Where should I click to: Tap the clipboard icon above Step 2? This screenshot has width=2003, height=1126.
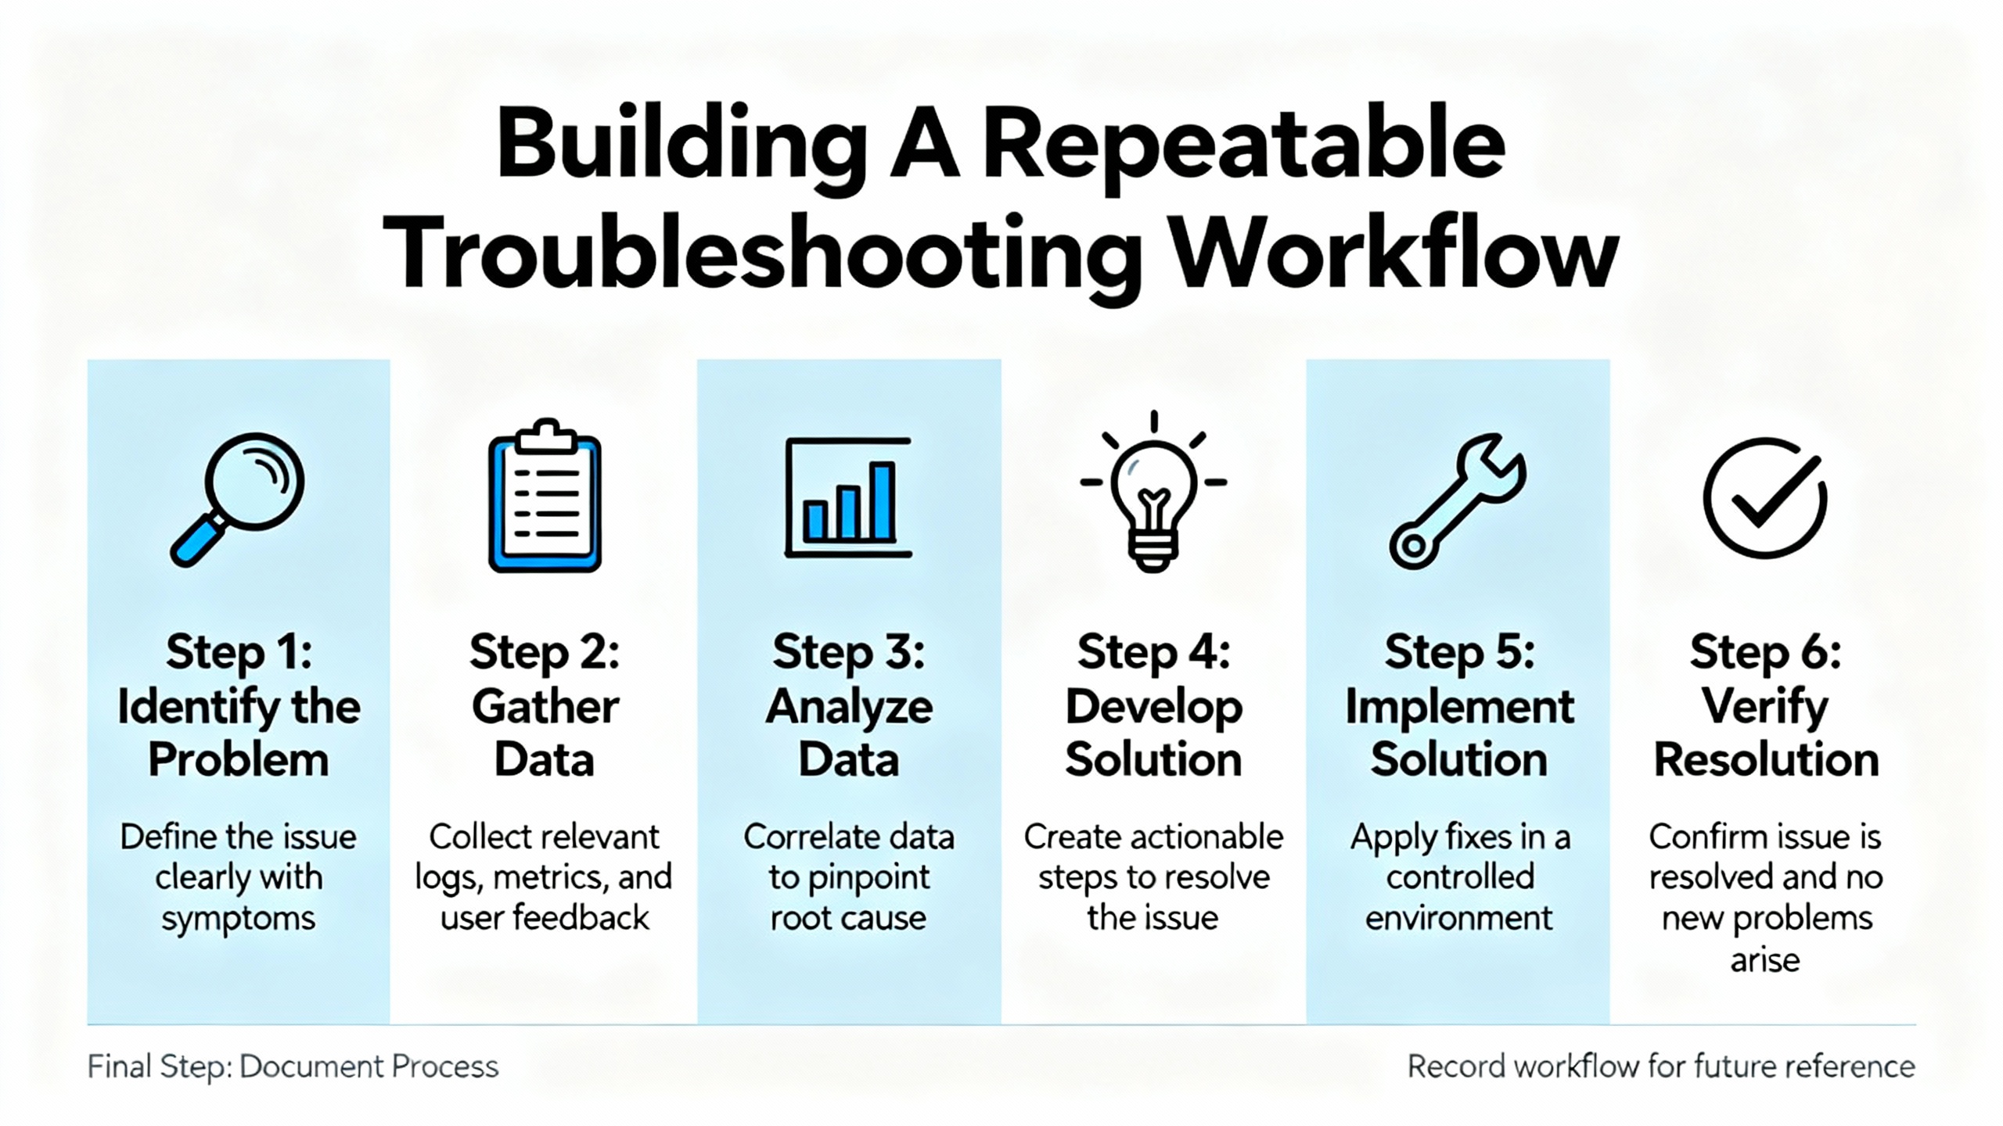[545, 495]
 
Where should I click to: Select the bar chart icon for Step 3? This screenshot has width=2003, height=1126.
[848, 497]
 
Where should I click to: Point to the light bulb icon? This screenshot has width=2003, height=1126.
[1153, 493]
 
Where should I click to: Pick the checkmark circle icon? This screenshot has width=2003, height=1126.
[1765, 497]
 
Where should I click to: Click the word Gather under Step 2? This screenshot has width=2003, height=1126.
[545, 707]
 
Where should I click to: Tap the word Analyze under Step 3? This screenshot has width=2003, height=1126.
[849, 708]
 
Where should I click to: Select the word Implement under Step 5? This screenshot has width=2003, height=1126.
[1459, 708]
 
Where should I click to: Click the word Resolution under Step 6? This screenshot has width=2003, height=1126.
[1766, 760]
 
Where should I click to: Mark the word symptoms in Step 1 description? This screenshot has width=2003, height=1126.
[239, 920]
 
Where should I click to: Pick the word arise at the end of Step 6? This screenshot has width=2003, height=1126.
[1765, 959]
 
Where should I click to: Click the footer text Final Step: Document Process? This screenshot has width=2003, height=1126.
[293, 1067]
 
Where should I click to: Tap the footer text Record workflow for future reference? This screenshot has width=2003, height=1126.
[1661, 1067]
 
